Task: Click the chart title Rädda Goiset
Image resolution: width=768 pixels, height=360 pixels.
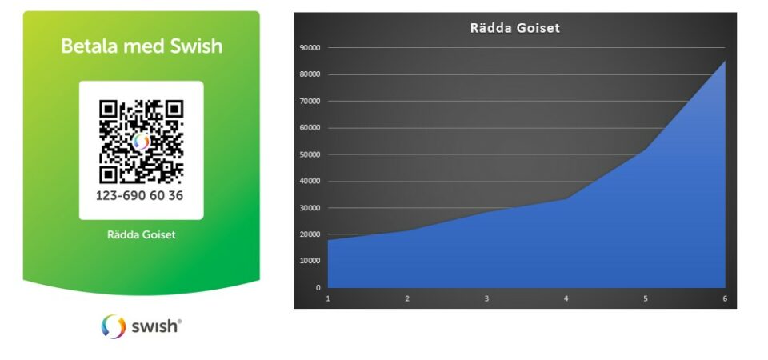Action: tap(514, 28)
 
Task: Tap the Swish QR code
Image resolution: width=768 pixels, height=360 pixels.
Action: tap(141, 142)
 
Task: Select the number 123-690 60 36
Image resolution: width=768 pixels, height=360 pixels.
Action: tap(139, 195)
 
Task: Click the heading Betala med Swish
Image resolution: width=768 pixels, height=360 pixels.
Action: tap(142, 46)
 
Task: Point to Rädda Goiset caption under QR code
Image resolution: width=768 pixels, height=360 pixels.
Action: tap(141, 234)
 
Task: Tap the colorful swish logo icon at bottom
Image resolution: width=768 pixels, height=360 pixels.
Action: tap(114, 326)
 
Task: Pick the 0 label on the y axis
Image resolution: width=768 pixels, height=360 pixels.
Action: tap(318, 288)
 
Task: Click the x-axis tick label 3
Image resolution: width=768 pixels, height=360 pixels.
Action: tap(486, 298)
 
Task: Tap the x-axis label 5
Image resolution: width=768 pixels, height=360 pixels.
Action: tap(646, 298)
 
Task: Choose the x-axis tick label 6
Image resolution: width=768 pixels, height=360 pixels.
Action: tap(725, 298)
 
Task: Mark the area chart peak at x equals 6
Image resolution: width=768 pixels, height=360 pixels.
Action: tap(725, 62)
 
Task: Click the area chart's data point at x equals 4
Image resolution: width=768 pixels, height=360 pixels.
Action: tap(566, 198)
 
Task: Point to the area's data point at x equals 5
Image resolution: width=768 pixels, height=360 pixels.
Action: tap(646, 150)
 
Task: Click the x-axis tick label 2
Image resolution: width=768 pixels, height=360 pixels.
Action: tap(407, 298)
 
